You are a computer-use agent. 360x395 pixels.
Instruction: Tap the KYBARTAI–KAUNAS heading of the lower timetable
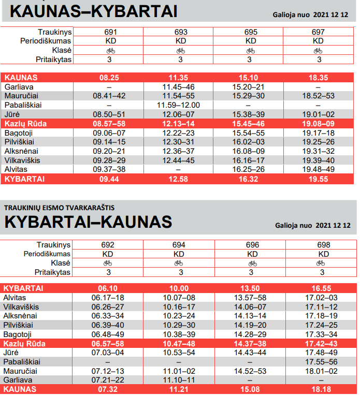click(88, 222)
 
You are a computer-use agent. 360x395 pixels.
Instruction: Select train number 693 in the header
click(181, 32)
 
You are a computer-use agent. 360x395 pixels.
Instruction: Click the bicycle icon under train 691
click(110, 51)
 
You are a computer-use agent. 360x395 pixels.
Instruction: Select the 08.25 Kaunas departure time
click(109, 77)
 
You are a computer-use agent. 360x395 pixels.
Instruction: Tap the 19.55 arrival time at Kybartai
click(319, 179)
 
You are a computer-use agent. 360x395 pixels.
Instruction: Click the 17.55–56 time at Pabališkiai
click(322, 362)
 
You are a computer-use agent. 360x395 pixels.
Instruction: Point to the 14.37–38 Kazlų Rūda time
click(251, 343)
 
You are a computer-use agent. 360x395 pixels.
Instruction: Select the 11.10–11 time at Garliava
click(179, 381)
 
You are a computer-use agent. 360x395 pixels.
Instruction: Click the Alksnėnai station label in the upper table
click(19, 151)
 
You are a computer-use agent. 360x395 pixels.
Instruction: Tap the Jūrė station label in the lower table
click(11, 353)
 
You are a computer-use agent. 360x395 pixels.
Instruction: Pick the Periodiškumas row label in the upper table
click(45, 41)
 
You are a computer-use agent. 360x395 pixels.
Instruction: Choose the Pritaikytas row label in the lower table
click(53, 272)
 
